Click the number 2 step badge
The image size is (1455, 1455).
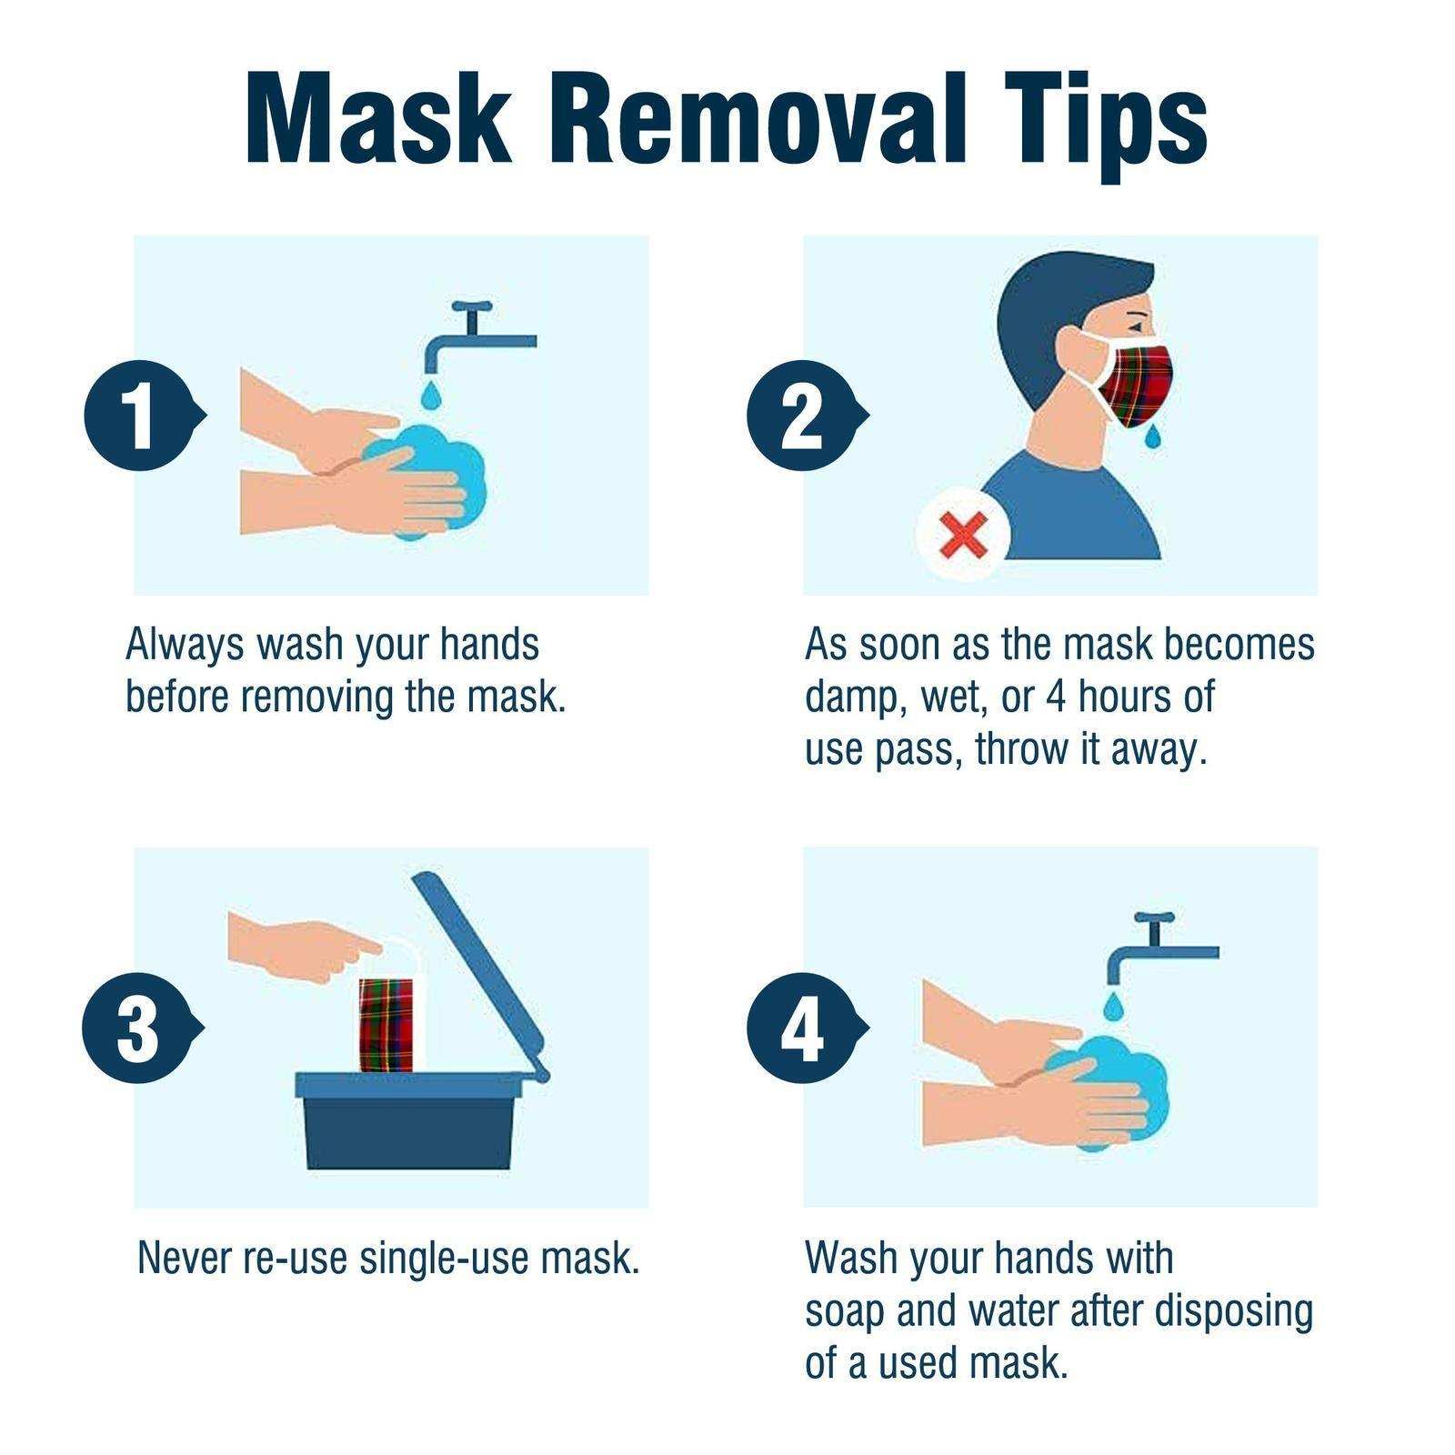point(801,416)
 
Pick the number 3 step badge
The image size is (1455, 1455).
point(137,1029)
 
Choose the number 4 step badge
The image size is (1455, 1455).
point(801,1029)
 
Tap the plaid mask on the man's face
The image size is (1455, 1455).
point(1138,382)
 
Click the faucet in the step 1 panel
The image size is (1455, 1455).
point(473,336)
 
